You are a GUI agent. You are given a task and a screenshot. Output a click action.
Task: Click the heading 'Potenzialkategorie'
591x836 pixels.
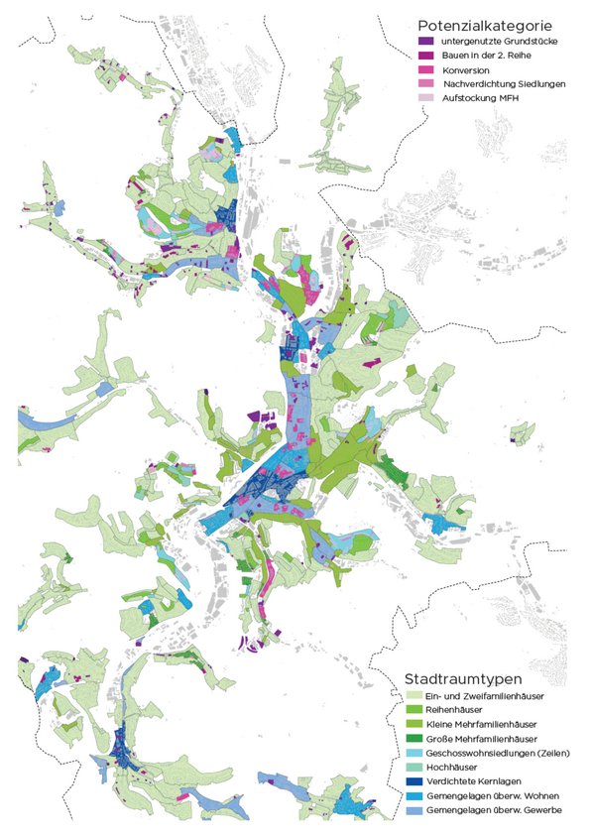[477, 22]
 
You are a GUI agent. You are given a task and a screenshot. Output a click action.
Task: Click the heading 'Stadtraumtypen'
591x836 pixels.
[463, 679]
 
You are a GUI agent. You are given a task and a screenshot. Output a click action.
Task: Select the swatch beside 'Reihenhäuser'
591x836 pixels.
[414, 711]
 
